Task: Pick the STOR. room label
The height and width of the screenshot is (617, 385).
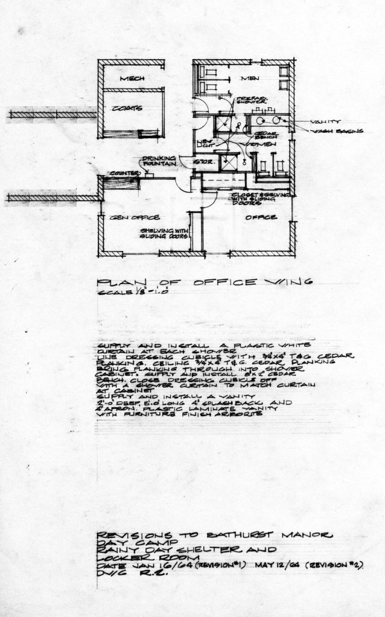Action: pyautogui.click(x=201, y=162)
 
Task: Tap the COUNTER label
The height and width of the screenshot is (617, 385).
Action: pyautogui.click(x=120, y=174)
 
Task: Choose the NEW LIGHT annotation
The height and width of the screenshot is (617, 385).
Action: pyautogui.click(x=205, y=143)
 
